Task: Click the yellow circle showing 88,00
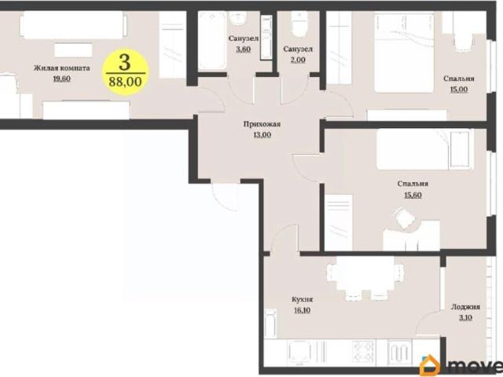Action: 126,72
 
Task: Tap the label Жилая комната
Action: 62,68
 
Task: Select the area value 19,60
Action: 61,79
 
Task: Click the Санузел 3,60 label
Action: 244,44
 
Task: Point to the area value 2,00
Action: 298,60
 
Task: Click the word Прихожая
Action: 262,124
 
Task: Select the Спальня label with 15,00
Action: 459,79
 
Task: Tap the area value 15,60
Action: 413,195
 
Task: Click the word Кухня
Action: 302,299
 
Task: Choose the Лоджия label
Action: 465,307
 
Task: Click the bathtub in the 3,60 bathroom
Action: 211,41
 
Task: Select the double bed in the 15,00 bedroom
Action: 404,53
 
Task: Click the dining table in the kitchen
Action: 365,273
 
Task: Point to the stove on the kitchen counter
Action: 363,352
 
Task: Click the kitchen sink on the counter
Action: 299,352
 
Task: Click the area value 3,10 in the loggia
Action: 465,317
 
